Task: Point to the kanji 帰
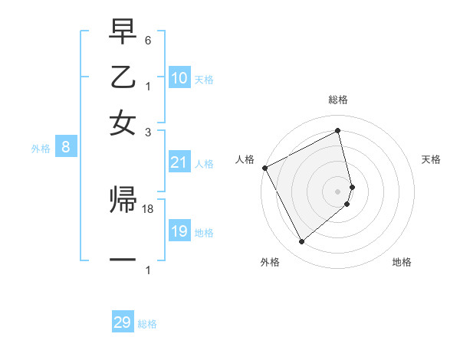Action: click(x=123, y=201)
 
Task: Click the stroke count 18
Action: click(x=148, y=209)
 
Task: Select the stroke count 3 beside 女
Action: click(x=148, y=132)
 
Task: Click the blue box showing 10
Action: click(x=179, y=78)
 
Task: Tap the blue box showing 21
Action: click(x=179, y=162)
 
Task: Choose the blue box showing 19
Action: click(x=179, y=231)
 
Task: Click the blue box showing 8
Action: click(x=66, y=148)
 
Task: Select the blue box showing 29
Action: click(x=123, y=322)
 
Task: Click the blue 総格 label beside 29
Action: click(x=147, y=324)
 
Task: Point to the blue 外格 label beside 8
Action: click(x=41, y=149)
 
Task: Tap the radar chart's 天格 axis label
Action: click(x=431, y=159)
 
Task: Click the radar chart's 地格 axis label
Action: click(x=402, y=262)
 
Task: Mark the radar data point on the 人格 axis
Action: click(x=264, y=168)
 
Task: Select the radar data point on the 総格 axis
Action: click(x=338, y=131)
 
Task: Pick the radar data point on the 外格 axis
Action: click(x=301, y=242)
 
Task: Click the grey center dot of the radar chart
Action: click(x=338, y=191)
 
